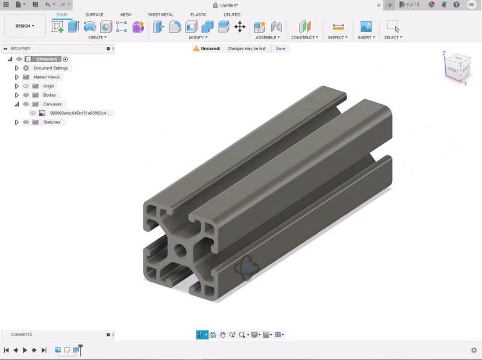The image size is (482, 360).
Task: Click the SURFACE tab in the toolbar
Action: click(94, 14)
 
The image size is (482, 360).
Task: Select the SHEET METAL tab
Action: click(161, 14)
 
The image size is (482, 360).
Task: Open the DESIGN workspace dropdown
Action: click(25, 26)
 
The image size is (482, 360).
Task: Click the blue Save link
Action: click(280, 48)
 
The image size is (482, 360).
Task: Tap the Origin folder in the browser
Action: click(48, 86)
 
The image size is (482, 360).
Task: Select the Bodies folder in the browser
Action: click(49, 95)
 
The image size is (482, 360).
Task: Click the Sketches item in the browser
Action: click(52, 122)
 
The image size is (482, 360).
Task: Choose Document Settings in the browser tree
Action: click(51, 68)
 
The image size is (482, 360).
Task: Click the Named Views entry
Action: click(46, 77)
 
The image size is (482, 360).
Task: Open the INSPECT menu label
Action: click(337, 37)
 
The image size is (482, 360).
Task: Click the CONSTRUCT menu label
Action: click(304, 37)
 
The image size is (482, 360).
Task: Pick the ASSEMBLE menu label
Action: click(267, 37)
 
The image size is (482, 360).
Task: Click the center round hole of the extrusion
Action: click(180, 249)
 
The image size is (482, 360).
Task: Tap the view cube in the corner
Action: click(457, 67)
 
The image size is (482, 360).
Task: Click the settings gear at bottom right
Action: click(474, 350)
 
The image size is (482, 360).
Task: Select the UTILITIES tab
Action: click(231, 14)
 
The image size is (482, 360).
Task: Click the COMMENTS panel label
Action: click(22, 335)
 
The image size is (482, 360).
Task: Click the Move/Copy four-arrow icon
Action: click(240, 26)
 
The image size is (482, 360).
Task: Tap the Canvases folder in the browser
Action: click(52, 104)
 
